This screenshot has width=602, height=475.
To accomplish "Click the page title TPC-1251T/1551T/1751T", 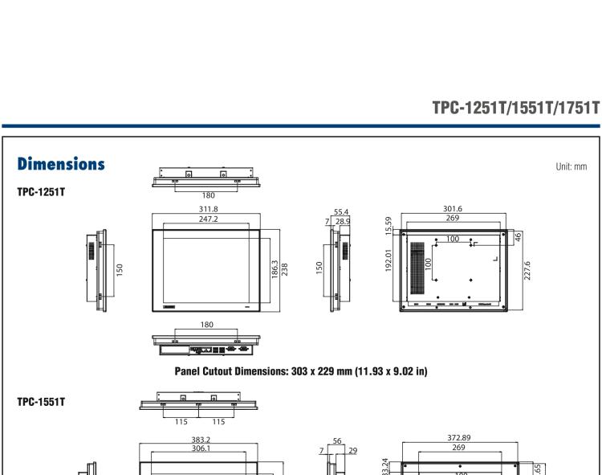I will pyautogui.click(x=515, y=108).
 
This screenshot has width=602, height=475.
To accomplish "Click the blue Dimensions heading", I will pyautogui.click(x=61, y=164).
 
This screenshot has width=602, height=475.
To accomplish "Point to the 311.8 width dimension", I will pyautogui.click(x=207, y=209).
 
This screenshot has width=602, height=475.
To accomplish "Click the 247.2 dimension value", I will pyautogui.click(x=207, y=219).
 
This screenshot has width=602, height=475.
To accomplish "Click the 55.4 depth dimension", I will pyautogui.click(x=341, y=212).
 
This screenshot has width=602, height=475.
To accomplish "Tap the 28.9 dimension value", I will pyautogui.click(x=341, y=220).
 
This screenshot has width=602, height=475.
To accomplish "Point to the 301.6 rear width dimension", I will pyautogui.click(x=453, y=209).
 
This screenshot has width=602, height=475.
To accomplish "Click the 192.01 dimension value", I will pyautogui.click(x=388, y=260).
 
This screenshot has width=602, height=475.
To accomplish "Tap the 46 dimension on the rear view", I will pyautogui.click(x=518, y=237).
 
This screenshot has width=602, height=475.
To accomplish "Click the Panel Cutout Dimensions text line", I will pyautogui.click(x=301, y=371).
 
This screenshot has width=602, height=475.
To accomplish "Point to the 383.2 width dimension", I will pyautogui.click(x=200, y=440).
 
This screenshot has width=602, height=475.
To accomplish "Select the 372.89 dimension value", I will pyautogui.click(x=459, y=438).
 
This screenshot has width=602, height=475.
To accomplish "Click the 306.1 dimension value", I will pyautogui.click(x=200, y=449).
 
